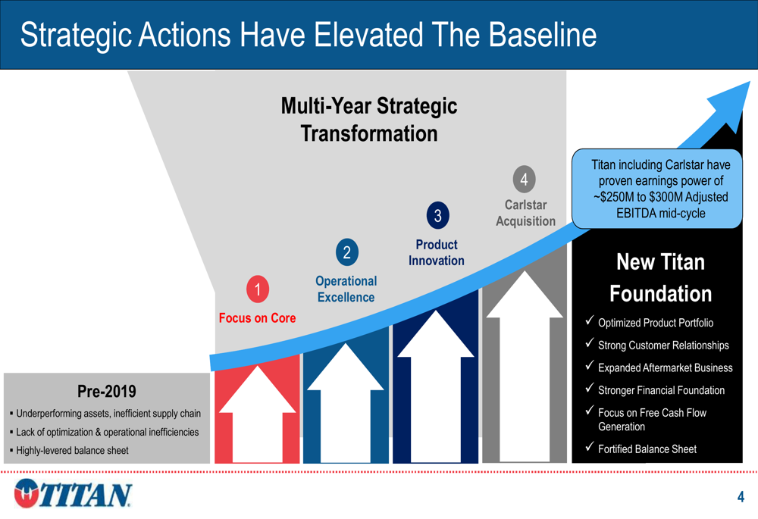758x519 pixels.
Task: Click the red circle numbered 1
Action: [258, 289]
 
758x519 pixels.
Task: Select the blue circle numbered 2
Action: [347, 252]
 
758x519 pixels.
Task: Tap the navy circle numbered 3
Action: [437, 215]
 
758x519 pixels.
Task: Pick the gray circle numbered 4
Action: [524, 180]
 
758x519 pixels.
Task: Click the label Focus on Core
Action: [257, 318]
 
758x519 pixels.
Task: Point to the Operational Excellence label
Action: [346, 289]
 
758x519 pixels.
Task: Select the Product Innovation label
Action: [437, 252]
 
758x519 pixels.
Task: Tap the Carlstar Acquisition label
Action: [525, 213]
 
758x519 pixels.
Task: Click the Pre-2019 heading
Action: [107, 391]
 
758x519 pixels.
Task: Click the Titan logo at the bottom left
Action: [73, 493]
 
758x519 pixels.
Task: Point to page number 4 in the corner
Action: [741, 497]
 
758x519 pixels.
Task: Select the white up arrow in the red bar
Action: [257, 414]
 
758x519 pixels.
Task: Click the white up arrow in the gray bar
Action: [525, 366]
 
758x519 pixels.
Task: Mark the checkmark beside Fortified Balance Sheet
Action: [589, 446]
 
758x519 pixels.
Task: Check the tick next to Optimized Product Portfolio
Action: [589, 320]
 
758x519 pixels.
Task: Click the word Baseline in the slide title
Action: [543, 35]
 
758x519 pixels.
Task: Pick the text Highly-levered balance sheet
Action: [72, 450]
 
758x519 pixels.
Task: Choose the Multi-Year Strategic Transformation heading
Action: [369, 120]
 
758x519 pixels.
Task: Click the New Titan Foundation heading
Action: [660, 277]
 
